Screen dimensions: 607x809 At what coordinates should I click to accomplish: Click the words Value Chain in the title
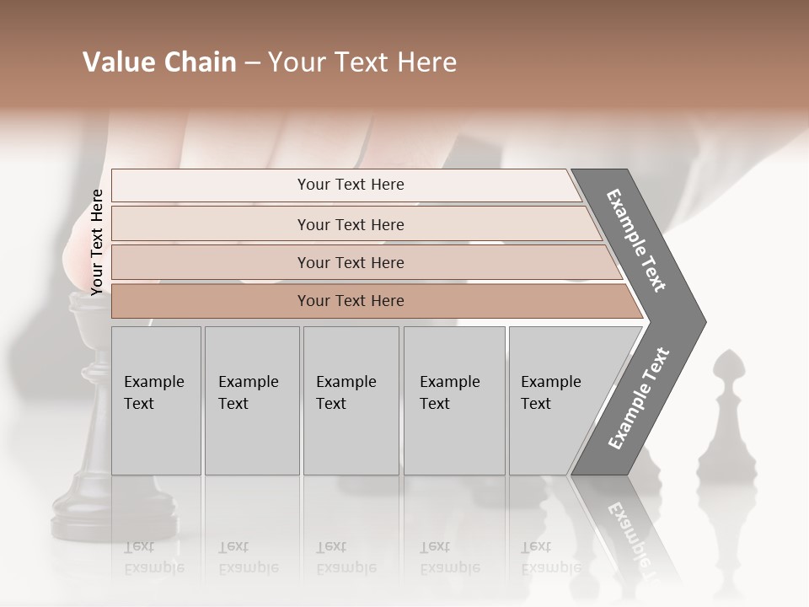[x=159, y=62]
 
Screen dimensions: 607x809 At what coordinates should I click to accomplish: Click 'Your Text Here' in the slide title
[x=362, y=62]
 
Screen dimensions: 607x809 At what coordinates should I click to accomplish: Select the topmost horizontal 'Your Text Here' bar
[x=350, y=185]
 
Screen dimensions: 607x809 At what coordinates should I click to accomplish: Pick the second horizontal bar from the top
[x=350, y=224]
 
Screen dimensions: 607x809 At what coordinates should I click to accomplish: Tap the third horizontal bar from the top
[x=350, y=262]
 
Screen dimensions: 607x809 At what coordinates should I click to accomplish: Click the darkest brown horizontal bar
[x=350, y=301]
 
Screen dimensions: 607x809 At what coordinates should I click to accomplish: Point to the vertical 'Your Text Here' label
[x=97, y=242]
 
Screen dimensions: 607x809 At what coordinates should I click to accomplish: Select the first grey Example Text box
[x=156, y=400]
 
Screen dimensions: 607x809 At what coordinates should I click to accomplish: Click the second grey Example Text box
[x=251, y=400]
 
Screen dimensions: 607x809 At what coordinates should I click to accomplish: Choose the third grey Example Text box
[x=350, y=400]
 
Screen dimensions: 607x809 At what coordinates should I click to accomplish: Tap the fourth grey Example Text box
[x=453, y=400]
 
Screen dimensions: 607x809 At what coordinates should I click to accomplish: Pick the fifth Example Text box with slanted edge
[x=556, y=400]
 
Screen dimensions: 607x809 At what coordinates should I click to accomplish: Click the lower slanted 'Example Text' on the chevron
[x=639, y=399]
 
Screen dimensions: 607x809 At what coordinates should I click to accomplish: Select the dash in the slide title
[x=252, y=63]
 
